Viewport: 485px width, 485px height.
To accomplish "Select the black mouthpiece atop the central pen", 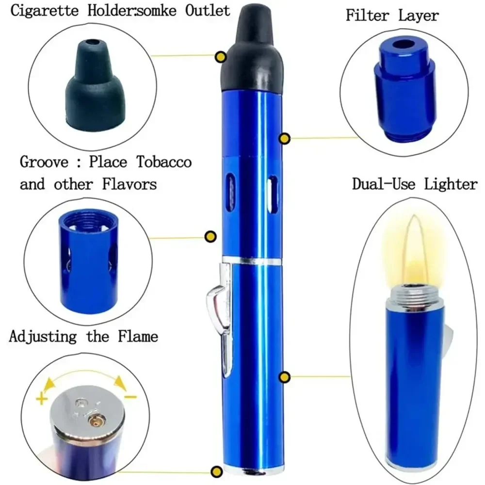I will pos(252,53).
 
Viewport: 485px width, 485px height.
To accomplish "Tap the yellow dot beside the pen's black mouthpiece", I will pos(221,57).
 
